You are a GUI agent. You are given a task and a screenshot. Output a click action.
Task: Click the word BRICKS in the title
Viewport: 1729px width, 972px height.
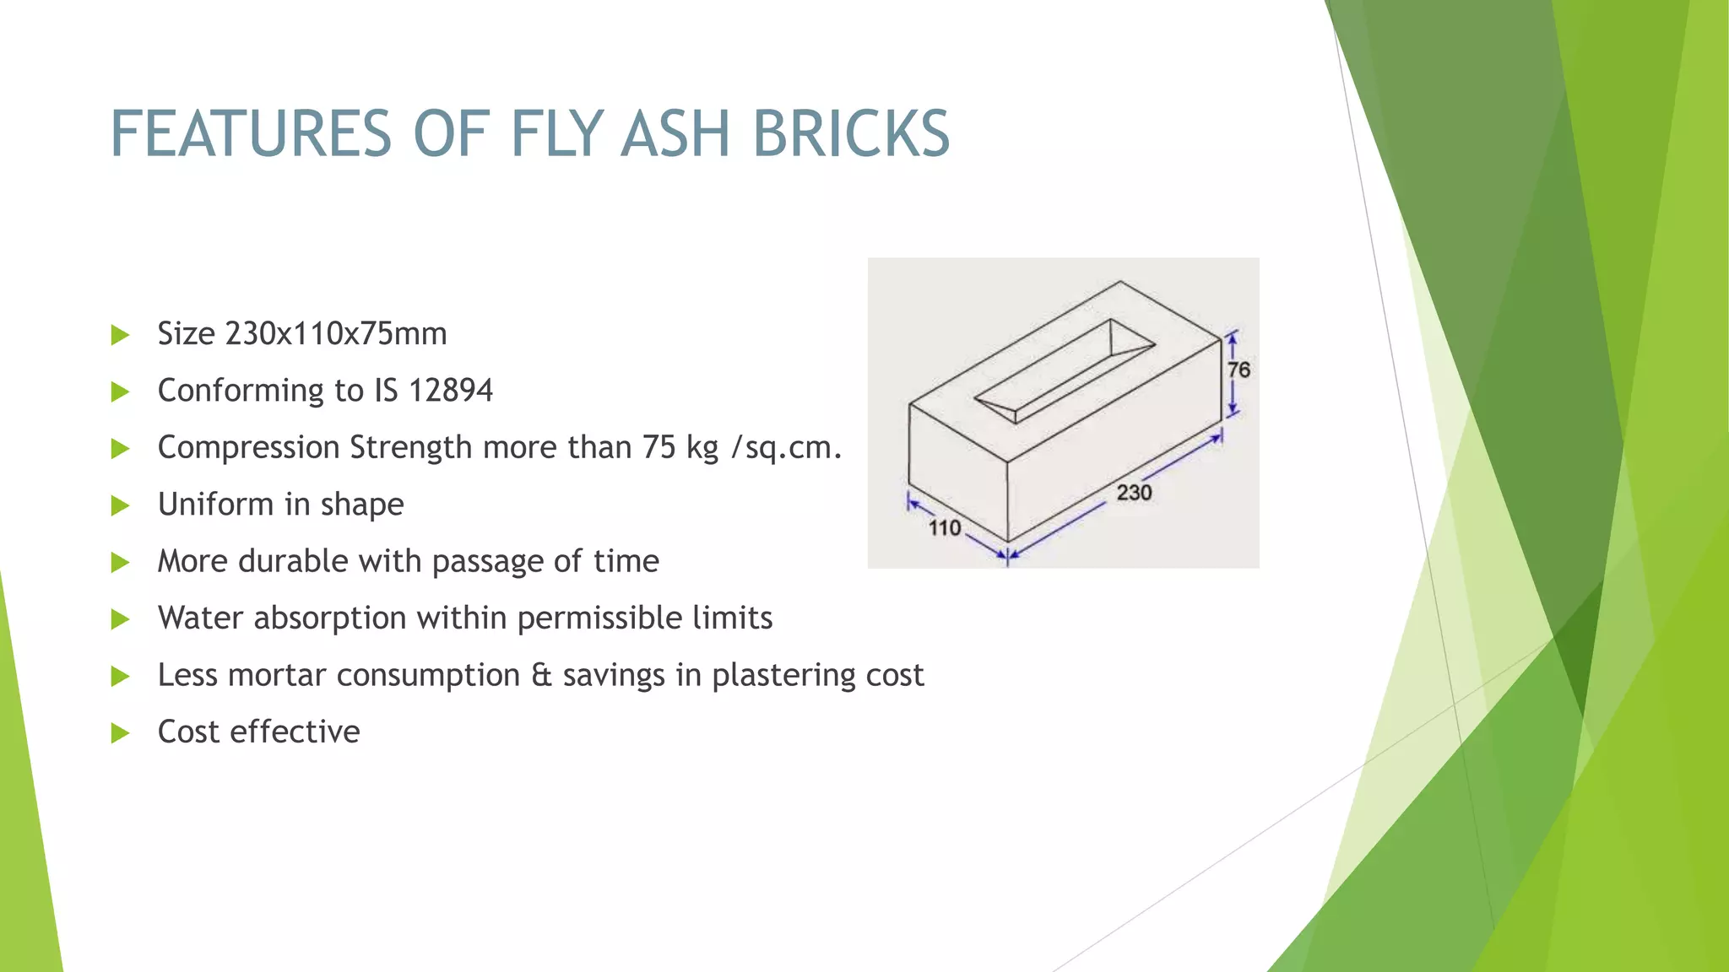click(851, 133)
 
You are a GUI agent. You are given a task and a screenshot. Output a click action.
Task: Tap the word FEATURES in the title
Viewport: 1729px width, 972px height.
click(251, 133)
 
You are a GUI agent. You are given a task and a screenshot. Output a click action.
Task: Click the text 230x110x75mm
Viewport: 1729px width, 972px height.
click(336, 333)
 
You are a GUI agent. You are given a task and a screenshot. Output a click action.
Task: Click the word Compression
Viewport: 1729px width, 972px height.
click(248, 447)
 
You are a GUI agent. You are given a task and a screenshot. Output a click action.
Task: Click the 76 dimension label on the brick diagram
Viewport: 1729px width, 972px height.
click(1238, 370)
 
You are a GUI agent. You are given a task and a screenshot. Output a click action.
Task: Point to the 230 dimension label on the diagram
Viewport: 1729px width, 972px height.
click(1134, 492)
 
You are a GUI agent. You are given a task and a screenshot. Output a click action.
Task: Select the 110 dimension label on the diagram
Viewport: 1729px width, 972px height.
click(945, 528)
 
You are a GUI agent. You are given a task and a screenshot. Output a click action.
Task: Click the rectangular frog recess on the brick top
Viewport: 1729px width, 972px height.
click(1064, 370)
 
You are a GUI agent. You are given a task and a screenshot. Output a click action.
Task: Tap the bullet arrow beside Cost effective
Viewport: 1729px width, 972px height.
click(121, 732)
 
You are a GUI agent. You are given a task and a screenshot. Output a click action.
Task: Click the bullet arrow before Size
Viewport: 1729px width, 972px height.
click(121, 335)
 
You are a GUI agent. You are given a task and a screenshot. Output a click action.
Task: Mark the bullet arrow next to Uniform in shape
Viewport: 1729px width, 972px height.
click(121, 505)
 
